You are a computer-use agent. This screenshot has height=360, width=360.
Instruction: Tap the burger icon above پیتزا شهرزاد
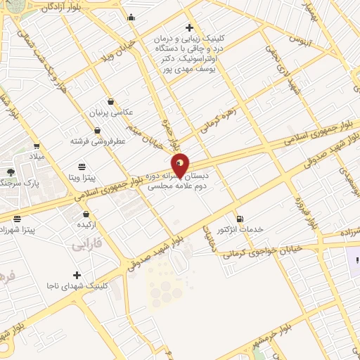(17, 219)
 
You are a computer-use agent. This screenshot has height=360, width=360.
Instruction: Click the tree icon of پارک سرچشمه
(10, 172)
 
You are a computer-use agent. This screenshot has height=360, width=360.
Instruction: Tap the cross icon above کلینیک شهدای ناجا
(77, 274)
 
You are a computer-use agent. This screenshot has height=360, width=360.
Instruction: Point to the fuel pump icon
(240, 219)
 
